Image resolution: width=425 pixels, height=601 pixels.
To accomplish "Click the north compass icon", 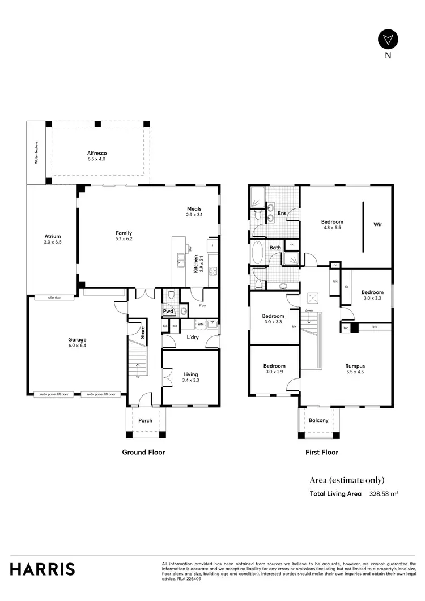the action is click(x=388, y=40).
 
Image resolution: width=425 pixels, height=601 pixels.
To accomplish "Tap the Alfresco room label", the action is click(x=97, y=153).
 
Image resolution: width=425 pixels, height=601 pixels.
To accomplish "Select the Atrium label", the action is click(x=53, y=236).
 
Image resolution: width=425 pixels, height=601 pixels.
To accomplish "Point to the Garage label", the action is click(x=77, y=339).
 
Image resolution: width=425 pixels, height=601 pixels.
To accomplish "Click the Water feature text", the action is click(x=36, y=153).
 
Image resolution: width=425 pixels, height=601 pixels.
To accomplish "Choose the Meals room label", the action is click(x=194, y=208).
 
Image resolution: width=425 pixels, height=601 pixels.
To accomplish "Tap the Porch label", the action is click(x=146, y=420).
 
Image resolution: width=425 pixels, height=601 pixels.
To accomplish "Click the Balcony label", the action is click(x=318, y=420).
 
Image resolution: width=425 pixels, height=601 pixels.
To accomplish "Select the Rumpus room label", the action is click(x=355, y=366).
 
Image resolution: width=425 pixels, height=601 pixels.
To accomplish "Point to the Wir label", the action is click(x=377, y=224).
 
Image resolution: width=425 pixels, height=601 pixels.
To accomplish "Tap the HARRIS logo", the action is click(x=42, y=569).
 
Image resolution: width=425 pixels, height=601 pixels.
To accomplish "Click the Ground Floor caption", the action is click(x=143, y=452).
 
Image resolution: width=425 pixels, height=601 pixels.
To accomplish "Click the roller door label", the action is click(x=54, y=297).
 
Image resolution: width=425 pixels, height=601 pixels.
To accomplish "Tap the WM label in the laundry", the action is click(x=200, y=324).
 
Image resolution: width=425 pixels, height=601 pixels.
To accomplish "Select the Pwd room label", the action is click(x=168, y=311).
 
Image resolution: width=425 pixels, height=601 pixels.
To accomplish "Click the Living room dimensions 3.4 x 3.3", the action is click(x=190, y=381).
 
